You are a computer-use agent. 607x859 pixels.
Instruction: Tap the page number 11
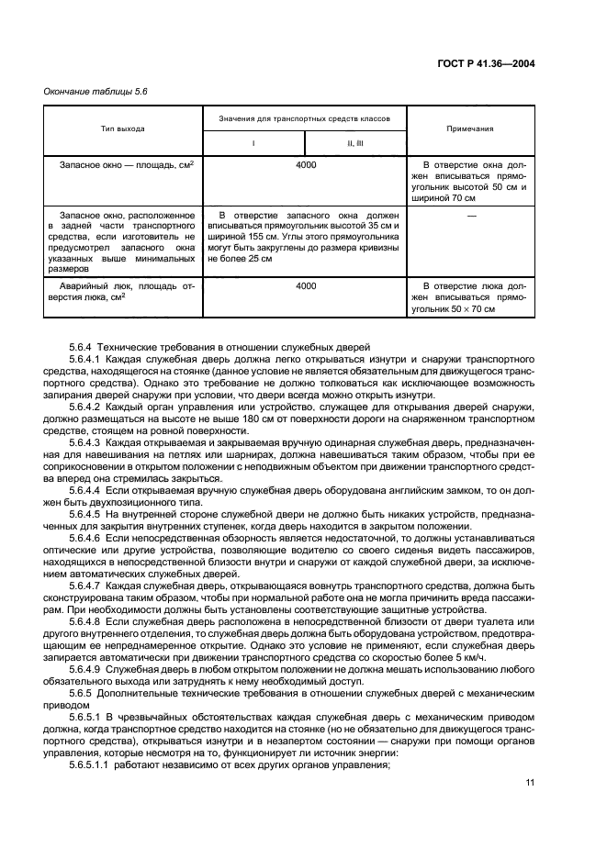click(x=530, y=782)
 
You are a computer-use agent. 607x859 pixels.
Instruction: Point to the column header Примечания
click(x=469, y=129)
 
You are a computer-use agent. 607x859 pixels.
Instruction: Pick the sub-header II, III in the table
click(x=354, y=144)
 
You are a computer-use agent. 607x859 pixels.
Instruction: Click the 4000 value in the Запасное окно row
click(x=306, y=164)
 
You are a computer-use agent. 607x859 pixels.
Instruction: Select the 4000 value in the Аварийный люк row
click(x=306, y=286)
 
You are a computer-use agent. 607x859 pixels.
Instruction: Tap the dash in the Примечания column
click(x=470, y=216)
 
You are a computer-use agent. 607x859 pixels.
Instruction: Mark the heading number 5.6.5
click(x=80, y=685)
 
